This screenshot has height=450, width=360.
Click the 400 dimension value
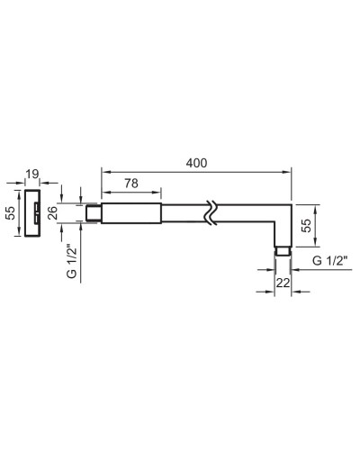coord(197,162)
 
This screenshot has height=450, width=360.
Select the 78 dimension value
coord(131,183)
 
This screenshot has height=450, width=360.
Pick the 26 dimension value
coord(51,214)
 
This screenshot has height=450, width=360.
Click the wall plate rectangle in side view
coord(32,214)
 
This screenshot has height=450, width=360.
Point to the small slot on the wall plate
coord(36,214)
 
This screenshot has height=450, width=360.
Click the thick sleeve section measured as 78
coord(131,214)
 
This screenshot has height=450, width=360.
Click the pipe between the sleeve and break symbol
coord(184,214)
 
